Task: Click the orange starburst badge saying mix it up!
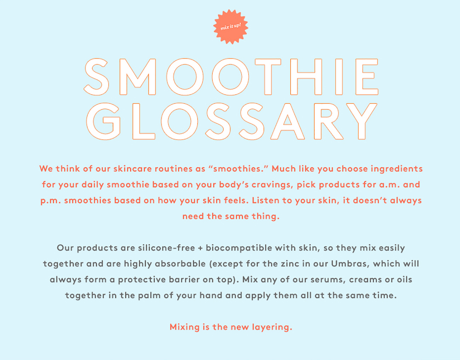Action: tap(231, 27)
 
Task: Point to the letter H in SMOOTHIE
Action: tap(306, 77)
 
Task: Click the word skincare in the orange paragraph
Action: tap(133, 169)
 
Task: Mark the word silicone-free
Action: tap(166, 248)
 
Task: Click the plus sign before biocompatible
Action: tap(200, 248)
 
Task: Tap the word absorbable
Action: tap(180, 264)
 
